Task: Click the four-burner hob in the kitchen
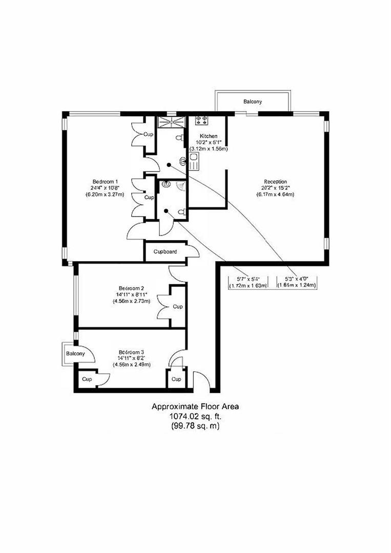click(x=200, y=121)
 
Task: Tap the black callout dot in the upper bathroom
click(x=168, y=165)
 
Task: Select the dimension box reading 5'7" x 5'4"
click(x=249, y=282)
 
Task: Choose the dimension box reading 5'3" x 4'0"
click(x=297, y=282)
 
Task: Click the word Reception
click(x=275, y=181)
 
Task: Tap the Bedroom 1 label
click(x=106, y=181)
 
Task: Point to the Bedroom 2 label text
click(x=131, y=288)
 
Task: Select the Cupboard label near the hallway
click(x=166, y=252)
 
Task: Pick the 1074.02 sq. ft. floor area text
click(x=195, y=416)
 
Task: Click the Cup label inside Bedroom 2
click(x=177, y=307)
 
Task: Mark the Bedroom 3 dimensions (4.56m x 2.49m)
click(x=131, y=365)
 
